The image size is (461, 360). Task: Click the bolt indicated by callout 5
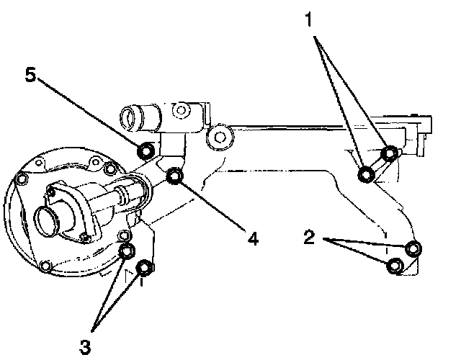(146, 150)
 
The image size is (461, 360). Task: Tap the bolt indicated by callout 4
(174, 176)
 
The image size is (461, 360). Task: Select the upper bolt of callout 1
(390, 153)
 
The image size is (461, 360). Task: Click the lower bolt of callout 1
(366, 174)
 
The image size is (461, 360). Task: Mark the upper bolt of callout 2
(413, 249)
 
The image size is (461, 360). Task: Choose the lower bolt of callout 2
(395, 266)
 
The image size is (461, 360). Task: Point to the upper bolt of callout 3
(127, 251)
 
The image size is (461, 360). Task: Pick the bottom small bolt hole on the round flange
(47, 268)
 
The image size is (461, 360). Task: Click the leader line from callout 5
(90, 114)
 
